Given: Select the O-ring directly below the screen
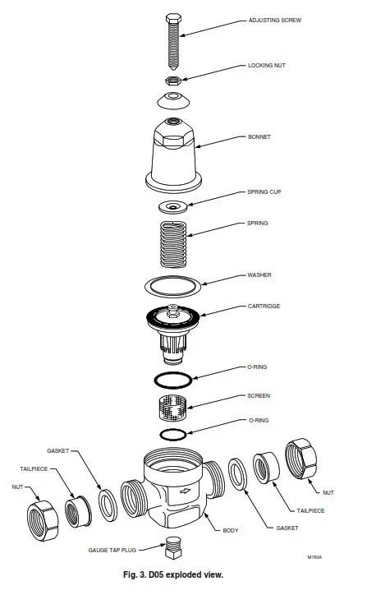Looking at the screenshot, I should tap(173, 433).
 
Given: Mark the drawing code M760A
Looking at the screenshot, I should tap(314, 556).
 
